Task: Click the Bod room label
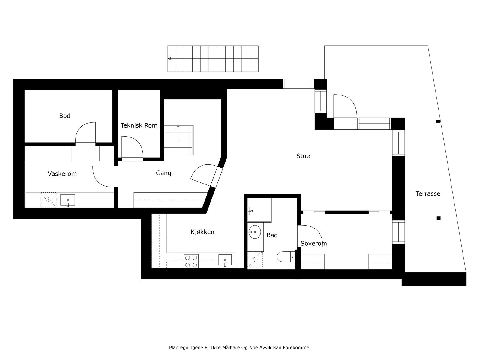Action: tap(65, 116)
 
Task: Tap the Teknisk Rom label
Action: tap(139, 125)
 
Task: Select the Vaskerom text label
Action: tap(62, 174)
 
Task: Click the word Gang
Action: tap(163, 173)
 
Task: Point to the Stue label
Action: tap(303, 156)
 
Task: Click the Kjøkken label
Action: tap(202, 232)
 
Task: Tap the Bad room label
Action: tap(272, 235)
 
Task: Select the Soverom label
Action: tap(314, 244)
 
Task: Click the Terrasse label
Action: tap(428, 194)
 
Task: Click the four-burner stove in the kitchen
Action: tap(191, 261)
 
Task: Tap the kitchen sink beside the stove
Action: tap(225, 260)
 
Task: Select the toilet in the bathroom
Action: tap(285, 257)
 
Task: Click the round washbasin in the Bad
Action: tap(254, 232)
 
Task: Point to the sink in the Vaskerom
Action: tap(67, 200)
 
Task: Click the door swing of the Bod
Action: tap(85, 133)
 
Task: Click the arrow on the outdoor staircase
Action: tap(169, 59)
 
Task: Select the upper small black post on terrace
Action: tap(438, 121)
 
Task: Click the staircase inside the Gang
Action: tap(178, 140)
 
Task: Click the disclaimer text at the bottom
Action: tap(240, 348)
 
